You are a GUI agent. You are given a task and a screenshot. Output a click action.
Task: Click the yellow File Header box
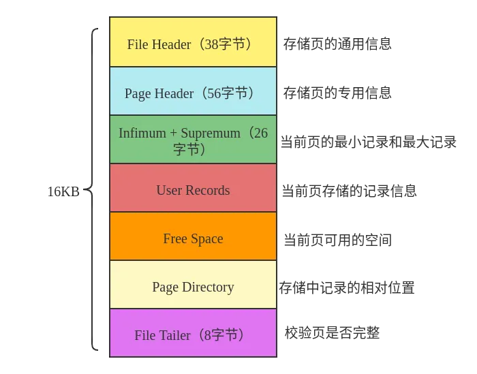pos(193,42)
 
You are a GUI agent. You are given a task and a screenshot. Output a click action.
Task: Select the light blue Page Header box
pos(193,91)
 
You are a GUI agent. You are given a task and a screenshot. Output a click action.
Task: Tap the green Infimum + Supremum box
pos(193,140)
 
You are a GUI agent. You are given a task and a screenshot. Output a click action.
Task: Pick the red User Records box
pos(193,189)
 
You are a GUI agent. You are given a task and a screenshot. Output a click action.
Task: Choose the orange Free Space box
pos(193,237)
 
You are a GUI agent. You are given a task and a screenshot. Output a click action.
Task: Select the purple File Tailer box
pos(193,334)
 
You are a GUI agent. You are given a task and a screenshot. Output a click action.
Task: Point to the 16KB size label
pos(63,191)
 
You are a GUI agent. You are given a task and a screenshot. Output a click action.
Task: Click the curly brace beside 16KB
pos(93,190)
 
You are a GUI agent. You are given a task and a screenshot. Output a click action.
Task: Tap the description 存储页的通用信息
pos(337,44)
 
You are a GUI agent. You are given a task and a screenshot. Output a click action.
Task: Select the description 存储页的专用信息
pos(337,93)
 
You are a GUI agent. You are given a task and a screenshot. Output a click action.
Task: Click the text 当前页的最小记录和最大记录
pos(368,142)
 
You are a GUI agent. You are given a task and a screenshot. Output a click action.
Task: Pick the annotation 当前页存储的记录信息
pos(349,191)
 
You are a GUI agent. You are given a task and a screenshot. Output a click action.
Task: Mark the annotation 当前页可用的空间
pos(337,240)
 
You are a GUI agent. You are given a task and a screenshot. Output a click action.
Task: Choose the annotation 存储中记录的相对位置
pos(346,287)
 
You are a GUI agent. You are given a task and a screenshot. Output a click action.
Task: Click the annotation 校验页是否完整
pos(332,333)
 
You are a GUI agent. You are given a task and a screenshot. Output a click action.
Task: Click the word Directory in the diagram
pos(207,287)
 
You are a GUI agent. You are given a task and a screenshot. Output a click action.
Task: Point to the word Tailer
pos(174,335)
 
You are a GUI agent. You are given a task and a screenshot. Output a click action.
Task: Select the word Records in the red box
pos(207,190)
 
